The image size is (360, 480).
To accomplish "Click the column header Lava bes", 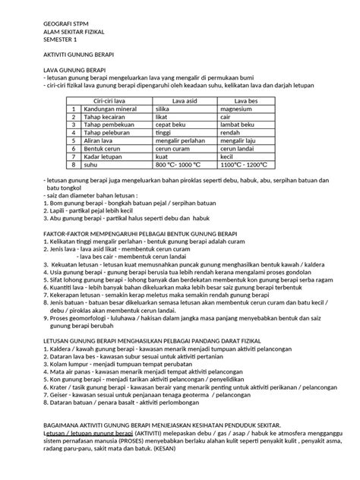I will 248,100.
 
